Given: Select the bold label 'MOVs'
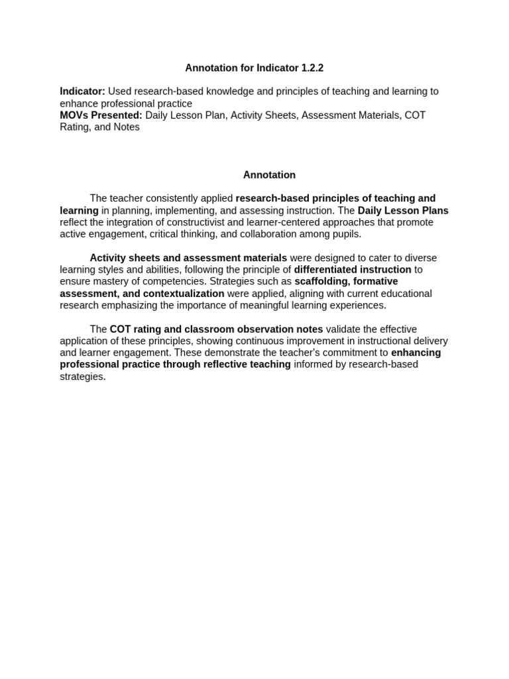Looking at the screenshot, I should pyautogui.click(x=74, y=115).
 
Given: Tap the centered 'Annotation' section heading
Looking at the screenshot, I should pyautogui.click(x=269, y=175).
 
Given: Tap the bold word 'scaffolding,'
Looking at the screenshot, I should pyautogui.click(x=323, y=282).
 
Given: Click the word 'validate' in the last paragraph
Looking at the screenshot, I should pyautogui.click(x=344, y=330).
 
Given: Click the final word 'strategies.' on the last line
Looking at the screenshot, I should pyautogui.click(x=83, y=377).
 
